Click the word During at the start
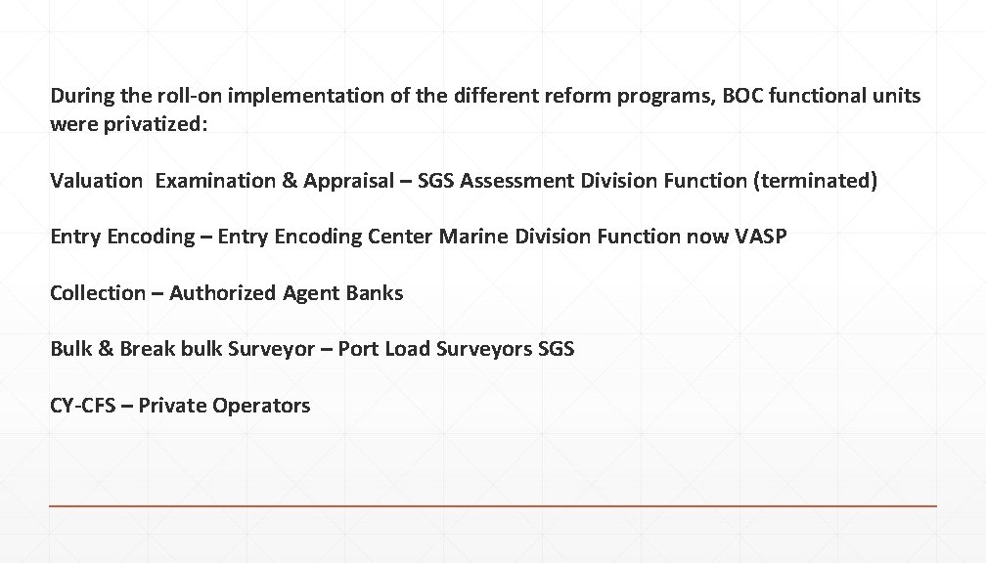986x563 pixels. tap(81, 97)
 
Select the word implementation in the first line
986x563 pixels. tap(278, 97)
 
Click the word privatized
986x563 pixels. tap(156, 125)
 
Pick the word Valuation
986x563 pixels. tap(96, 181)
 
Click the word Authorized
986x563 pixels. tap(223, 292)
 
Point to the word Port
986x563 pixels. tap(358, 348)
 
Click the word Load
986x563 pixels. tap(407, 348)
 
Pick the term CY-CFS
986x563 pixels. tap(82, 405)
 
